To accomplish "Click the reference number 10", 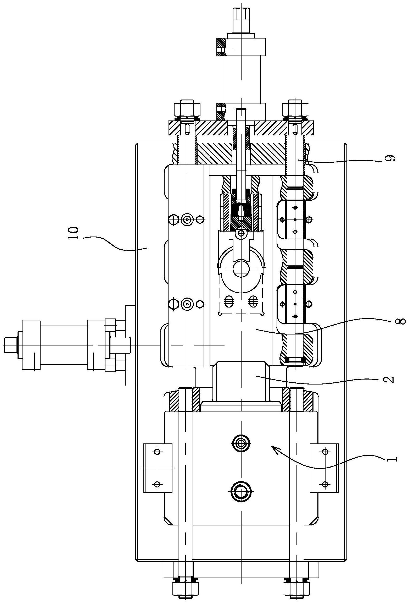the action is [73, 233].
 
